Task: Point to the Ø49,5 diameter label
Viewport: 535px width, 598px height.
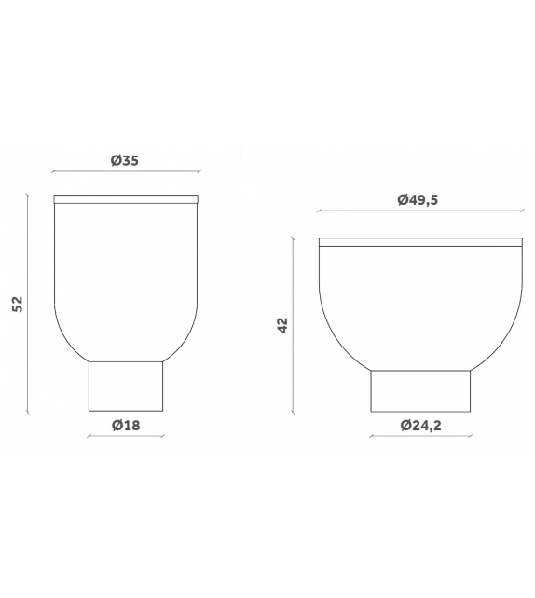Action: tap(417, 199)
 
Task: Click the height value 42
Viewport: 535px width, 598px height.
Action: tap(283, 324)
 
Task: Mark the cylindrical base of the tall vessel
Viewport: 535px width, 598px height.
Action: tap(126, 387)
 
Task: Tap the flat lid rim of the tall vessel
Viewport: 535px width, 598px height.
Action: tap(126, 199)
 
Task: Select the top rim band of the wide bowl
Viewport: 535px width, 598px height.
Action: tap(419, 242)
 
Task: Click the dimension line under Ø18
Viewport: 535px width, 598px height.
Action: tap(126, 438)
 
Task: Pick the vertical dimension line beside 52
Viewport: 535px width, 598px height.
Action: tap(29, 305)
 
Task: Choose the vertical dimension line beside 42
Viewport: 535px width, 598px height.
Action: tap(295, 324)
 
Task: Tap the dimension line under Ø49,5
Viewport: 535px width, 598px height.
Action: tap(419, 212)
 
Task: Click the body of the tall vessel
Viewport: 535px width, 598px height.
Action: tap(126, 279)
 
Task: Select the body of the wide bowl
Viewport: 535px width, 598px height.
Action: tap(419, 307)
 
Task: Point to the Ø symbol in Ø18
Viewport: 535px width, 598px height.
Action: tap(116, 425)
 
